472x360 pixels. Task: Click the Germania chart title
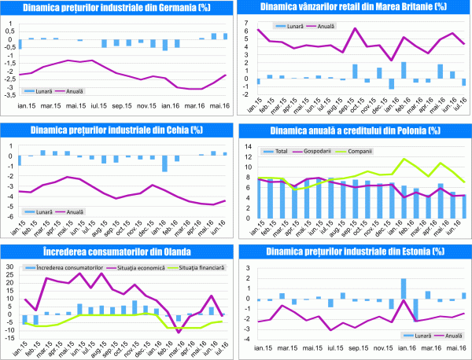click(x=116, y=9)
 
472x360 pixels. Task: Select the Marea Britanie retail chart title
click(x=355, y=9)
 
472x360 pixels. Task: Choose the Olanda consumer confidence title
click(x=116, y=251)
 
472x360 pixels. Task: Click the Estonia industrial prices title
click(x=355, y=251)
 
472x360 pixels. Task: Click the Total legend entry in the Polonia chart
click(x=286, y=151)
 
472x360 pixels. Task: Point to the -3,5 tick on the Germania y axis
click(x=10, y=95)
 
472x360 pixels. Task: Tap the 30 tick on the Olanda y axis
click(x=10, y=268)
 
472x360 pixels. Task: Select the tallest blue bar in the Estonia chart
click(x=403, y=289)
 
